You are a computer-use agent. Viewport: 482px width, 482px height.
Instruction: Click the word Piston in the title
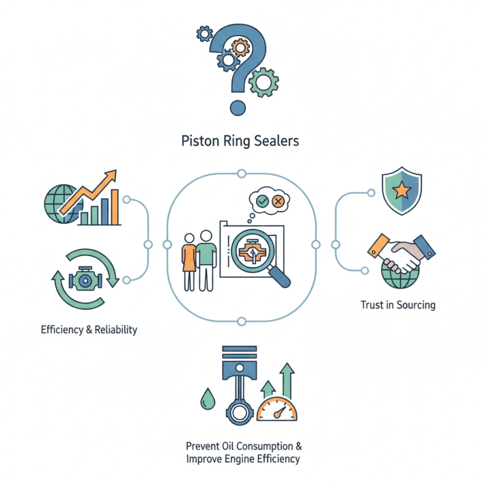(196, 142)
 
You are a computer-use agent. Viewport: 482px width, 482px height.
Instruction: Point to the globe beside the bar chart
(60, 200)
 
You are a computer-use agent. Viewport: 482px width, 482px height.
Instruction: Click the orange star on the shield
(402, 192)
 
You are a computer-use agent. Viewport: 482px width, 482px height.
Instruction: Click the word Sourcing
(416, 305)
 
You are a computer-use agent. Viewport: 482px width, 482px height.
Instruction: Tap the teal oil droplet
(206, 398)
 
